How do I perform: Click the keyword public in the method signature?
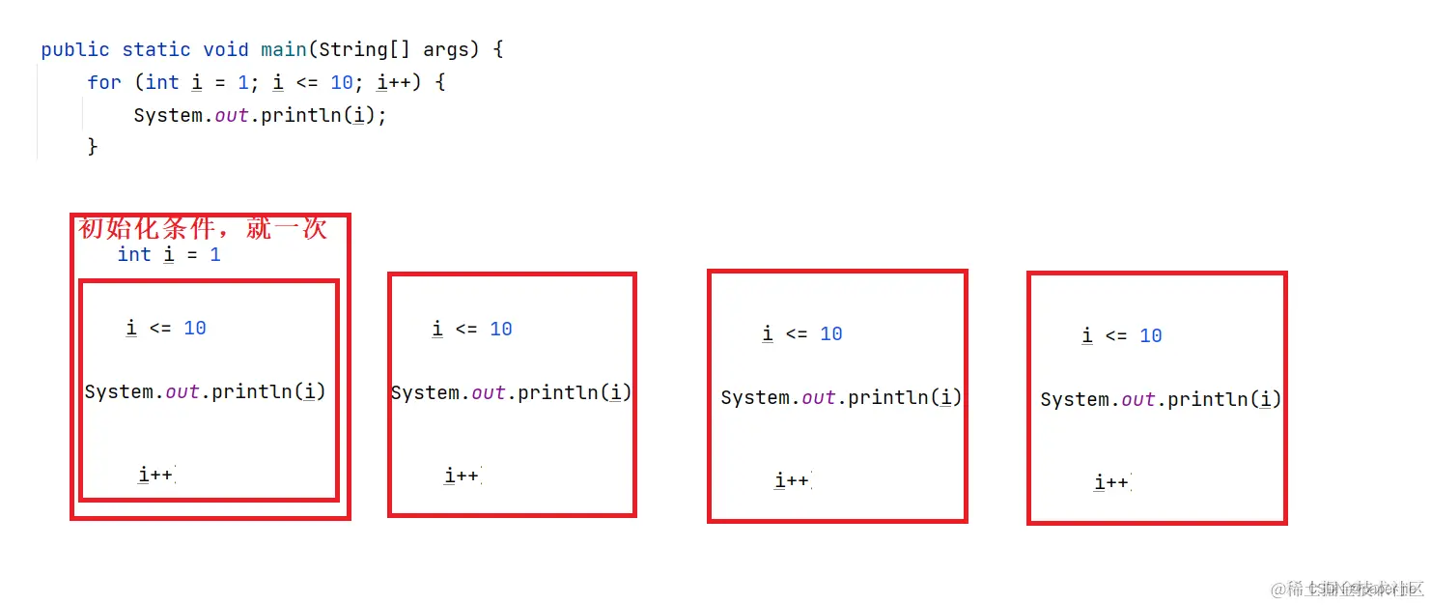(x=74, y=49)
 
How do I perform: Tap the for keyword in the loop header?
(x=104, y=82)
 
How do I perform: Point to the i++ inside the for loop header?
(x=395, y=82)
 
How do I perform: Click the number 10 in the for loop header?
(x=342, y=82)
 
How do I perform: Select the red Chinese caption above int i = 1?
(x=203, y=228)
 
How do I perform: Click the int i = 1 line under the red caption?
(x=169, y=254)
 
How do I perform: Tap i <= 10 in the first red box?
(x=166, y=329)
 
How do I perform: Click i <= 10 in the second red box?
(x=472, y=330)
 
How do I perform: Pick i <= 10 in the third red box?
(x=802, y=334)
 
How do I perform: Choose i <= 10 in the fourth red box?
(x=1122, y=336)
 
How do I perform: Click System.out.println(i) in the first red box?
(x=206, y=391)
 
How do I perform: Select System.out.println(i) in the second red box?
(x=512, y=392)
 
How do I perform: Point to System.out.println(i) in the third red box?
(x=842, y=397)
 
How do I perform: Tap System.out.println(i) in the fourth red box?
(x=1161, y=399)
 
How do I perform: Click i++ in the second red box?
(x=462, y=475)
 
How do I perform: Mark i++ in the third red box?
(x=792, y=480)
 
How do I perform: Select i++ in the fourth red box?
(x=1111, y=482)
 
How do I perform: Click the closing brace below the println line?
(x=93, y=147)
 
